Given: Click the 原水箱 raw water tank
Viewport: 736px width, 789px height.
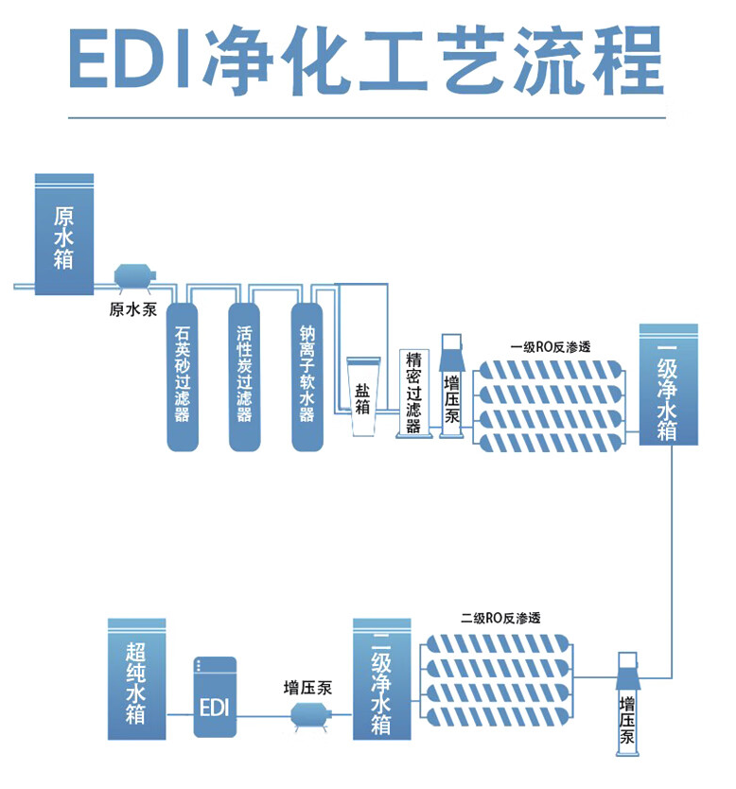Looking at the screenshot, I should point(64,234).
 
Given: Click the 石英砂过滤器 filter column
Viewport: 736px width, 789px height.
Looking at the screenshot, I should point(182,375).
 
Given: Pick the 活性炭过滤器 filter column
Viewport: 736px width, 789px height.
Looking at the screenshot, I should point(244,375).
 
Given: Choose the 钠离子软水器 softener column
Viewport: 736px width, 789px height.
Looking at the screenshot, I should point(307,375).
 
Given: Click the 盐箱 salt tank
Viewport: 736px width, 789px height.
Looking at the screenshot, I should point(363,396).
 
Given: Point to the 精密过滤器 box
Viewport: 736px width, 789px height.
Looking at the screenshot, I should point(413,393).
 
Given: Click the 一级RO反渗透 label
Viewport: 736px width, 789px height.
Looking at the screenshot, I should point(550,346).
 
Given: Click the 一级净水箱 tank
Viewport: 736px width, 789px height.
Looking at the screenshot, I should point(668,384).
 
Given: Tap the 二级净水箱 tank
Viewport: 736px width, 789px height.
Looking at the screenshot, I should point(382,678).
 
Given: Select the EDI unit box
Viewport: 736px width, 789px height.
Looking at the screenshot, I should point(215,697).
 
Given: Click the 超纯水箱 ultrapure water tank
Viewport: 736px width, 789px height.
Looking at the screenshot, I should point(136,678).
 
